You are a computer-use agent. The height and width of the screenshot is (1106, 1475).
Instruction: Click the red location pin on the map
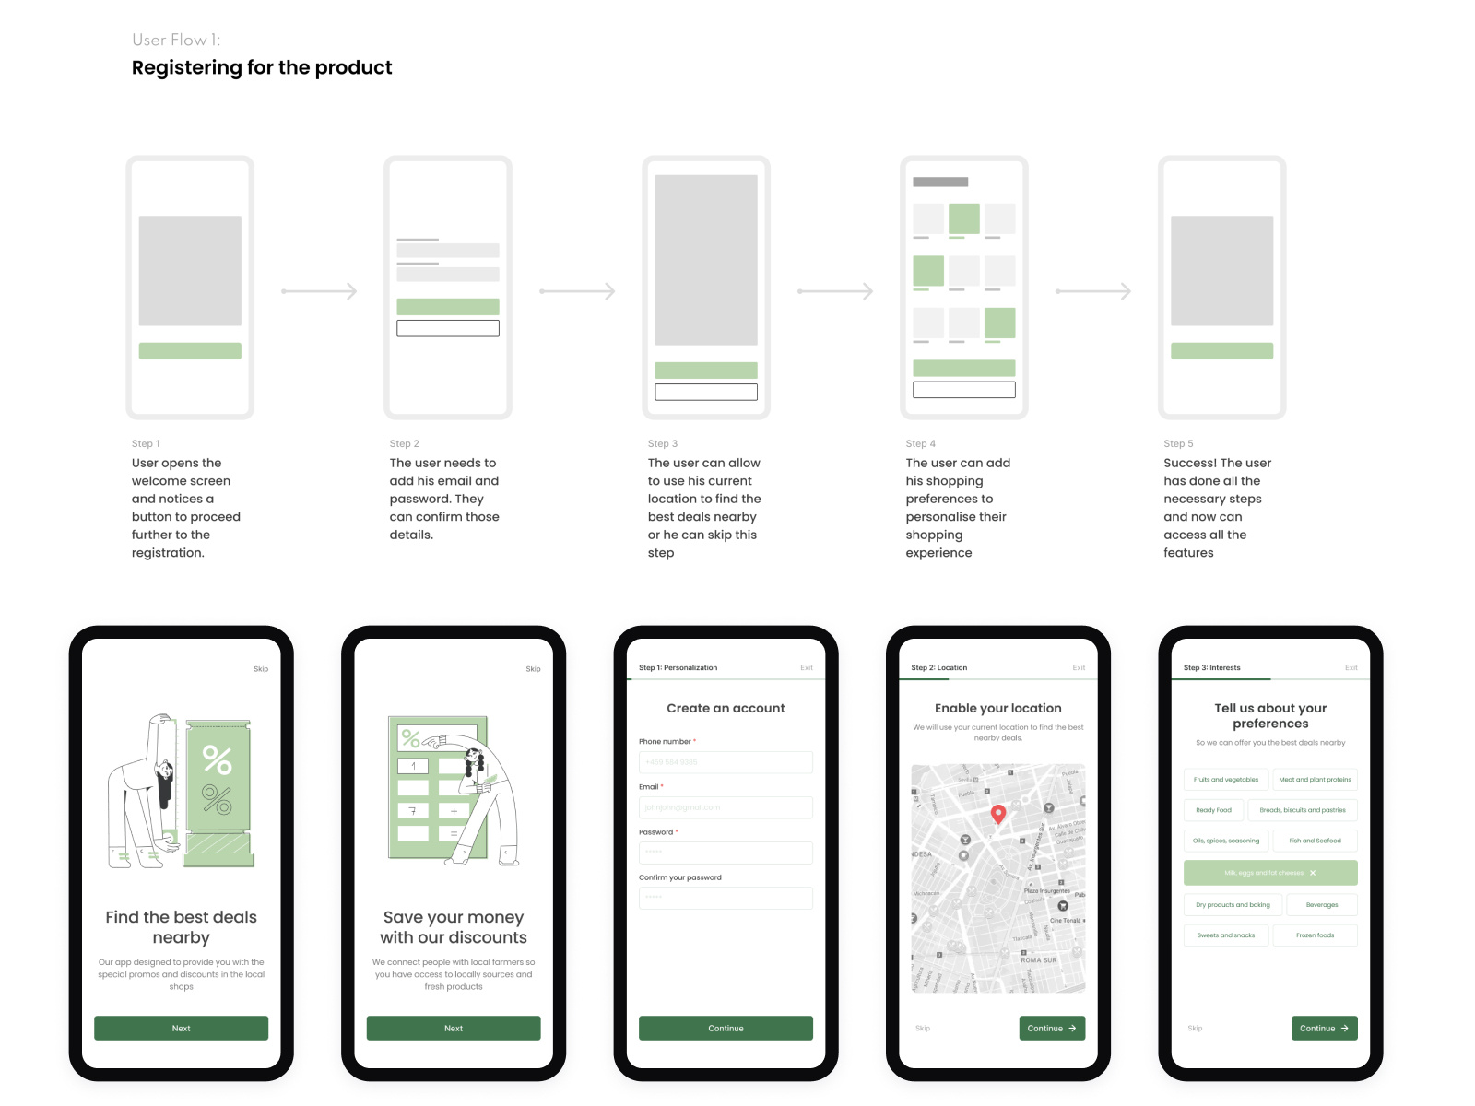tap(997, 814)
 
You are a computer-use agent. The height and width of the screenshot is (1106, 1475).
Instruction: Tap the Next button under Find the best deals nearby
tap(181, 1028)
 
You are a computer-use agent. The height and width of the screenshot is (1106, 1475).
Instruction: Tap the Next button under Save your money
tap(453, 1028)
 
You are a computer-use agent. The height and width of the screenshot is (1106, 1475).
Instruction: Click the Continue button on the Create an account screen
tap(726, 1028)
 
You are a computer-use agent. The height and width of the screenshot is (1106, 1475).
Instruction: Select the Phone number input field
tap(726, 762)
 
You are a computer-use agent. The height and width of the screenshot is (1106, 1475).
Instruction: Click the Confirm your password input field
tap(726, 898)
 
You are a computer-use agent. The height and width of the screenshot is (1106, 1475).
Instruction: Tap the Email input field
tap(726, 807)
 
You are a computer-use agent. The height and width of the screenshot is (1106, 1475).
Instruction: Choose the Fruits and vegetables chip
tap(1225, 780)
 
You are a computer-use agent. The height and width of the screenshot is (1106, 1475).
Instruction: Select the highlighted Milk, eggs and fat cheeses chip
tap(1269, 873)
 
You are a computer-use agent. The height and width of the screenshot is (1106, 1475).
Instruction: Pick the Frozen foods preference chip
tap(1315, 935)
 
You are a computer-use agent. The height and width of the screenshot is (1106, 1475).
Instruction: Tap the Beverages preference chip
tap(1321, 905)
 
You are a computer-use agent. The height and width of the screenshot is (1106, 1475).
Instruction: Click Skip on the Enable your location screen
tap(923, 1028)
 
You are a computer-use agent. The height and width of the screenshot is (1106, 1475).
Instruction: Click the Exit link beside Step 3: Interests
tap(1351, 667)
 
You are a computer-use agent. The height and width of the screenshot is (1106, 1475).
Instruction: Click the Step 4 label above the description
tap(920, 443)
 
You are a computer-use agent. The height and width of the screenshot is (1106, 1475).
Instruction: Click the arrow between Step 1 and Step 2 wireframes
tap(319, 291)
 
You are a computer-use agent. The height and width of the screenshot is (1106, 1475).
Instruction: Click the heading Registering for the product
tap(262, 67)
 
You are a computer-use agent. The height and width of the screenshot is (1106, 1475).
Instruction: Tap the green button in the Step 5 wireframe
tap(1221, 351)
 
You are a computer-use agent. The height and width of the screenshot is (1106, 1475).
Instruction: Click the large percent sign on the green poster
tap(218, 759)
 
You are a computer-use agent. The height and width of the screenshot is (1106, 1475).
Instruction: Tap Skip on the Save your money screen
tap(533, 669)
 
